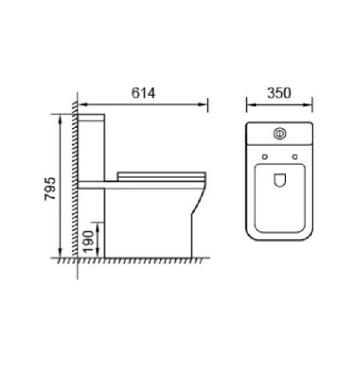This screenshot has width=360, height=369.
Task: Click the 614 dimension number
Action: [x=144, y=94]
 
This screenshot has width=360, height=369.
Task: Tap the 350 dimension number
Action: [x=278, y=94]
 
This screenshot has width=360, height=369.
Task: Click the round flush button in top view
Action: [x=278, y=133]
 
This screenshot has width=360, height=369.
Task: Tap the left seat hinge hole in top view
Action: [x=265, y=158]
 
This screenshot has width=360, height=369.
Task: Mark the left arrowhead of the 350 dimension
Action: [x=249, y=104]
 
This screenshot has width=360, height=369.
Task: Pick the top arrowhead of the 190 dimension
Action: [x=100, y=225]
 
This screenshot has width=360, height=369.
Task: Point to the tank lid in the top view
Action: [x=279, y=134]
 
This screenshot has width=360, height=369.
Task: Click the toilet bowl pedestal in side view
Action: [x=152, y=222]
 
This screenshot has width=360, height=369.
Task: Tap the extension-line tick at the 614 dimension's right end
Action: [x=208, y=104]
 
